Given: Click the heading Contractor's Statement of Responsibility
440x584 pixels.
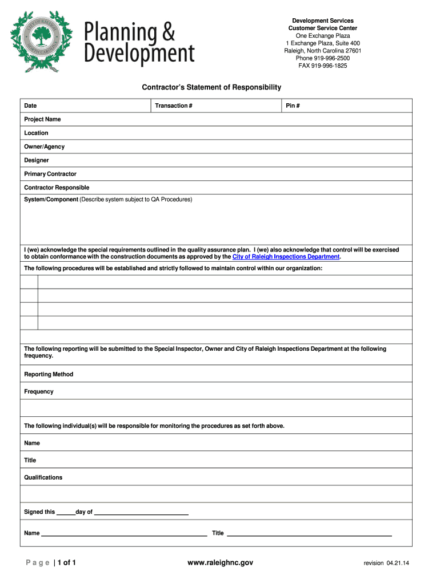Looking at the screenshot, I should click(211, 87).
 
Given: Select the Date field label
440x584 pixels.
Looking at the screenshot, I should click(30, 106).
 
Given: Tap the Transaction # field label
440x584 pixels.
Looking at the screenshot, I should click(173, 106).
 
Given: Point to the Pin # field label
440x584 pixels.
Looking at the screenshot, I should click(293, 106).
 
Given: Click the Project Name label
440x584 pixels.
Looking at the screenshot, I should click(42, 119).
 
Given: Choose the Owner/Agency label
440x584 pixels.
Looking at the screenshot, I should click(44, 147).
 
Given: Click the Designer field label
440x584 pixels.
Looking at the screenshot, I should click(36, 160).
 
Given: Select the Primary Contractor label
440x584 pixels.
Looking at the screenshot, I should click(50, 174).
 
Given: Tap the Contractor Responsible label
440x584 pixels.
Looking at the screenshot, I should click(57, 188).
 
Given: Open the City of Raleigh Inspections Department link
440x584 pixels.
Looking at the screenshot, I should click(286, 257).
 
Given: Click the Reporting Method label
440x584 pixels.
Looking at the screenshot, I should click(49, 374).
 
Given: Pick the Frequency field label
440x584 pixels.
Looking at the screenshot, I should click(39, 391).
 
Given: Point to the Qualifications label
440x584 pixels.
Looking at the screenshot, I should click(43, 477).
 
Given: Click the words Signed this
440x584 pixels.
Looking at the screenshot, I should click(39, 512).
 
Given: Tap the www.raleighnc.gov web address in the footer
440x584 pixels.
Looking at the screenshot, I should click(220, 563).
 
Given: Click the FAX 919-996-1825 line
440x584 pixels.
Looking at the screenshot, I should click(322, 66).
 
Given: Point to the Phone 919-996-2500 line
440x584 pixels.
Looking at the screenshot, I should click(322, 58).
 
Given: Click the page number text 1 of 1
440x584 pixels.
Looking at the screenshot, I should click(67, 563).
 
